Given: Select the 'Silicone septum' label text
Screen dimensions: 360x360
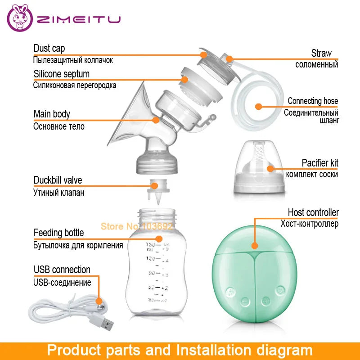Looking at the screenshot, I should click(x=62, y=74).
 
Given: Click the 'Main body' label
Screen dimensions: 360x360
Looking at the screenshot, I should click(x=52, y=114).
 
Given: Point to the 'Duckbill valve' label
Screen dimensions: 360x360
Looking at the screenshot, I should click(x=58, y=180).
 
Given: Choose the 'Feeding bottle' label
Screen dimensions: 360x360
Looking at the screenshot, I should click(x=58, y=233).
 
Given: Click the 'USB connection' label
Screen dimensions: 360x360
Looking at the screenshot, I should click(x=62, y=270).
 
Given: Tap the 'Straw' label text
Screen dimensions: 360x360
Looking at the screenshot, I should click(x=321, y=53).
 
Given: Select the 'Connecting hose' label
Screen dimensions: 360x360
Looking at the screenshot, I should click(x=313, y=101).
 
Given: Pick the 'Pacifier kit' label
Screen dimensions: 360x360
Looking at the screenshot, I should click(x=319, y=163).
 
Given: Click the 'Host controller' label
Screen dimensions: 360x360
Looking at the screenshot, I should click(x=313, y=212).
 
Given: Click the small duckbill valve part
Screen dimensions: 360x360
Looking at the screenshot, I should click(x=155, y=191).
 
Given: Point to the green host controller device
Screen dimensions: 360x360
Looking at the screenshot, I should click(x=254, y=279).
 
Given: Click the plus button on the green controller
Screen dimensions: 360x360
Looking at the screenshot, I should click(x=265, y=301).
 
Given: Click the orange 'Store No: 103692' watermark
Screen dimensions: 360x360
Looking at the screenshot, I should click(x=136, y=226).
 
